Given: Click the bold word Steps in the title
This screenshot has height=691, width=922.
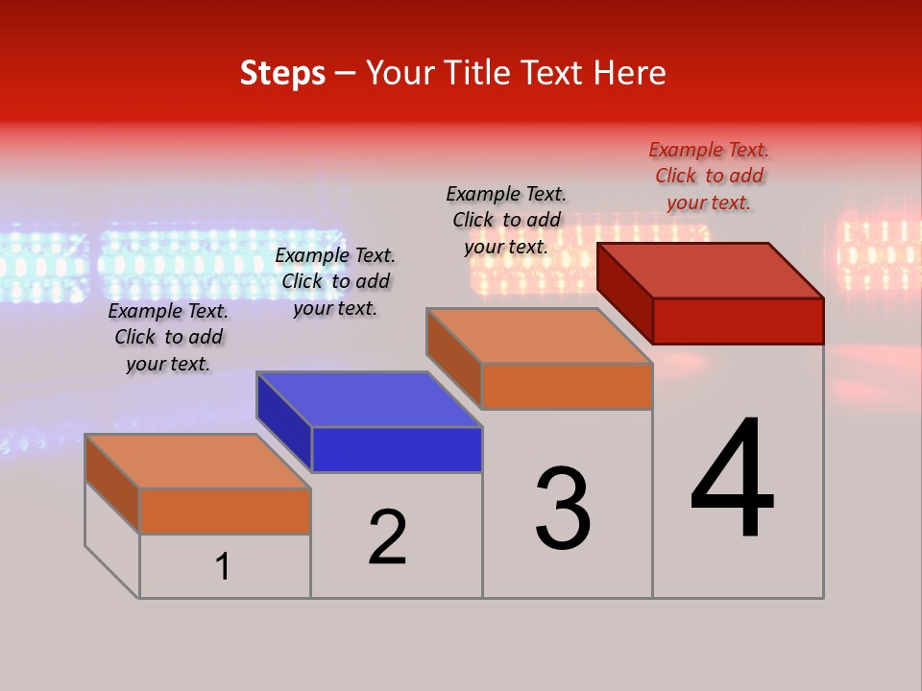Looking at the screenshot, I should click(x=282, y=73).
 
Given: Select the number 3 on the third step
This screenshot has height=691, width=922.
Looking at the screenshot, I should click(x=563, y=509).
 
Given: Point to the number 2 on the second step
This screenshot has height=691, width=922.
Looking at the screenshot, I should click(x=388, y=537).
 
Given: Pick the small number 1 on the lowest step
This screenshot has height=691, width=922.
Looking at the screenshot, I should click(x=223, y=566).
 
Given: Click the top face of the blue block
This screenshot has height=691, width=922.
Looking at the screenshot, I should click(x=369, y=398).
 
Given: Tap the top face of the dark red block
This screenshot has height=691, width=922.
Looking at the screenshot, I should click(x=711, y=270).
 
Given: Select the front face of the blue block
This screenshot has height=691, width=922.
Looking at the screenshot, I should click(x=397, y=449).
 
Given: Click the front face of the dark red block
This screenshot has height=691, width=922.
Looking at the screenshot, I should click(x=738, y=321).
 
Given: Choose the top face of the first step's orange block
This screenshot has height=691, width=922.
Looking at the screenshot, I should click(x=198, y=461).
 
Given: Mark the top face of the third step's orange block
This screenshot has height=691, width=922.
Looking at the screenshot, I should click(x=540, y=336).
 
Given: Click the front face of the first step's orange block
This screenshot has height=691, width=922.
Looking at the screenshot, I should click(x=225, y=511).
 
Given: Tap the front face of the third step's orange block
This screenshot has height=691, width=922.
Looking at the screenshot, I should click(x=567, y=386).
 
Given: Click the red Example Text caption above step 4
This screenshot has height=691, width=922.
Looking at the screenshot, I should click(x=709, y=176).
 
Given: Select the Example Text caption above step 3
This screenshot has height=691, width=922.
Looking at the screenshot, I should click(x=506, y=220).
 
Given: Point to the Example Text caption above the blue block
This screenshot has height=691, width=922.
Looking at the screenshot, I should click(x=335, y=281).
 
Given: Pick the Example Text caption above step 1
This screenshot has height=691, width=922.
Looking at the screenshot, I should click(x=168, y=337).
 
